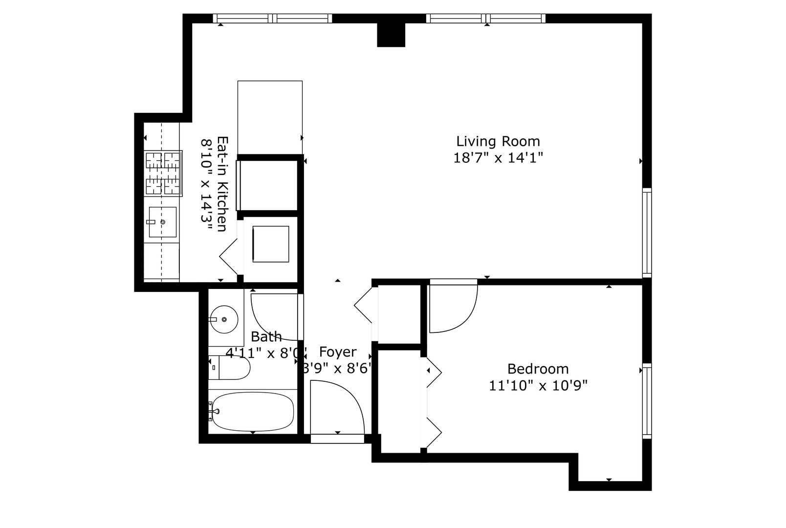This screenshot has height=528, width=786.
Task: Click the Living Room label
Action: click(x=498, y=142)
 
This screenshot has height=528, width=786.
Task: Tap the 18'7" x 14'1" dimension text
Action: click(x=498, y=158)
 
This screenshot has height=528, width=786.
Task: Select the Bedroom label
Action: click(x=538, y=369)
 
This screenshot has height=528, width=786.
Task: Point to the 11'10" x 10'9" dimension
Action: click(x=538, y=386)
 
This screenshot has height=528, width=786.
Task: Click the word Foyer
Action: click(x=338, y=352)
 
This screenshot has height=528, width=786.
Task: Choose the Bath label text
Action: click(x=266, y=337)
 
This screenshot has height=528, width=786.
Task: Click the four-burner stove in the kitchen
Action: click(x=163, y=174)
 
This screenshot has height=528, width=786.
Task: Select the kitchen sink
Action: click(x=162, y=222)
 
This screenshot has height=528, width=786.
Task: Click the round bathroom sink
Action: click(x=223, y=319)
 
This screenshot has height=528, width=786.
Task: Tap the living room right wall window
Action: click(x=647, y=233)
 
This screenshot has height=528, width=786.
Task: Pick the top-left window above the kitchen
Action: click(x=273, y=19)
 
